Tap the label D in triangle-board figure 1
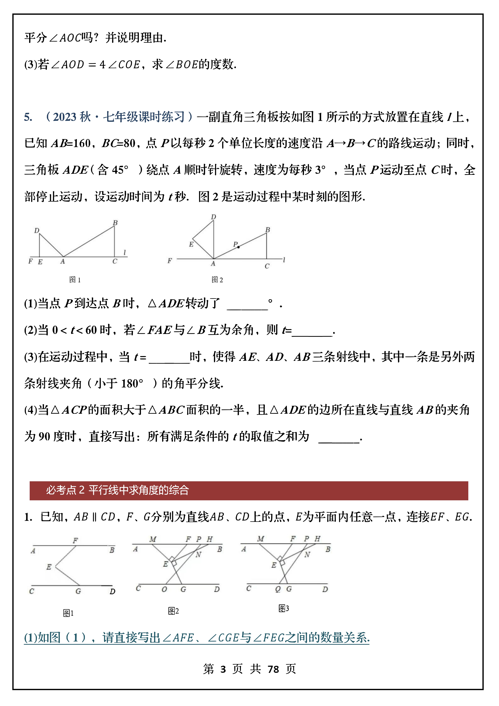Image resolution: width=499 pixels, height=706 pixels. [x=37, y=230]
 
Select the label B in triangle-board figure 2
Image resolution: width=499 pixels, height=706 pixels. [x=268, y=230]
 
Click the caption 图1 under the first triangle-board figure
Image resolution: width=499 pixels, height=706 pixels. [x=75, y=280]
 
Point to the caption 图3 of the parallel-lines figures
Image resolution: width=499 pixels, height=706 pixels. [x=283, y=608]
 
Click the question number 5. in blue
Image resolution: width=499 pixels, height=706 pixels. [x=28, y=117]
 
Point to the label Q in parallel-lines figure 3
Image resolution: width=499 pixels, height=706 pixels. [x=278, y=589]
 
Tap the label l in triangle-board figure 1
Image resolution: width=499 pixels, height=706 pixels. [x=124, y=252]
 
